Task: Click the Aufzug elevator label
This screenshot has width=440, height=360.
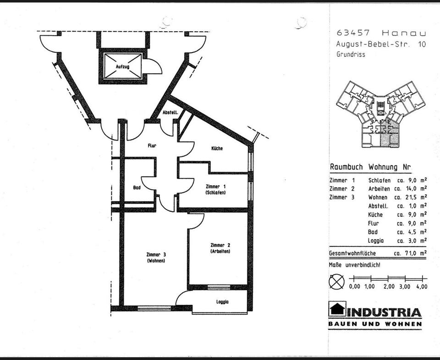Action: click(122, 67)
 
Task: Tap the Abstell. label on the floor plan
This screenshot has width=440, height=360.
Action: click(170, 113)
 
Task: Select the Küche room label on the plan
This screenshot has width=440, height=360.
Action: click(217, 148)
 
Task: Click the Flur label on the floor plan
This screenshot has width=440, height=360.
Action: click(152, 146)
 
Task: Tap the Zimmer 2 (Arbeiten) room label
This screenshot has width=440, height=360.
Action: click(220, 248)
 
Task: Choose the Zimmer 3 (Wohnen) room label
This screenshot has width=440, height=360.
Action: click(156, 257)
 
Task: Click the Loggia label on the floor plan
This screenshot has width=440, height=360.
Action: click(222, 302)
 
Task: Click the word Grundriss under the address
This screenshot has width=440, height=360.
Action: click(351, 55)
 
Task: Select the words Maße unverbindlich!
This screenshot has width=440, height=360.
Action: click(354, 265)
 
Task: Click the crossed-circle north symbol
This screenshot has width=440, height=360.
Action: click(337, 281)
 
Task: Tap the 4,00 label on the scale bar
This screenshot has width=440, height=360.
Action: click(421, 286)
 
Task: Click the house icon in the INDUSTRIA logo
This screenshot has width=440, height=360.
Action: click(337, 309)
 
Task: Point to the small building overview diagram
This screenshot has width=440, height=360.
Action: click(381, 114)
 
